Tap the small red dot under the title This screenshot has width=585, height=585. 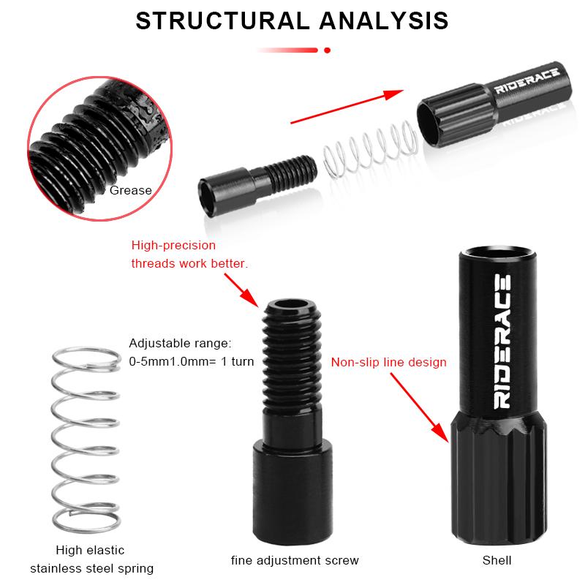[x=327, y=50]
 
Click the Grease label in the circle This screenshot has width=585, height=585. [x=131, y=191]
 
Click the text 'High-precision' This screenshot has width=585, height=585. [x=173, y=246]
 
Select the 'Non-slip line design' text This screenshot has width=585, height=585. [x=388, y=362]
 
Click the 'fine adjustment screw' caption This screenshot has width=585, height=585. [x=295, y=561]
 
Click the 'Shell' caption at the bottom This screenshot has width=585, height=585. [x=497, y=561]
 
